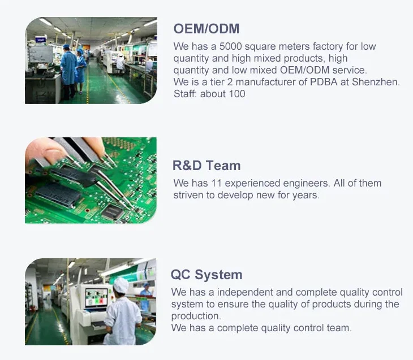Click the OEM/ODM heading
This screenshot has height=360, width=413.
point(206,29)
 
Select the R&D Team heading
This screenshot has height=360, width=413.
point(206,166)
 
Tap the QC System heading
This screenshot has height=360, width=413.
point(206,275)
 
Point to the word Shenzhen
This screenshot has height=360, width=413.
point(376,82)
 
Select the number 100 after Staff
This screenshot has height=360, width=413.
point(237,94)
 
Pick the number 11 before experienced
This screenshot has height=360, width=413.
point(216,183)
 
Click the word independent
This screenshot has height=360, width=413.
point(242,293)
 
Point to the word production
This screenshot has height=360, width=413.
point(196,316)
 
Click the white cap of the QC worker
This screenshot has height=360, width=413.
point(121,285)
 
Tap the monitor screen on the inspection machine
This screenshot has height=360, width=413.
point(96,297)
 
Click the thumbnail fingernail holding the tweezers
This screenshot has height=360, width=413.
point(54,153)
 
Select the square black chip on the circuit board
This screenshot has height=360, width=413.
point(113,212)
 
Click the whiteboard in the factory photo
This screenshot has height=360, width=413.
point(41,54)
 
